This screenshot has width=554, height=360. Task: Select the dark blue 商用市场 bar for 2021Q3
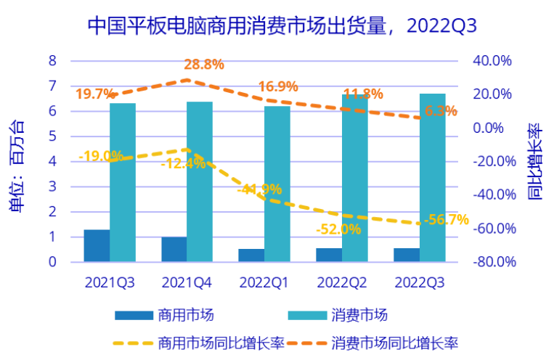(97, 245)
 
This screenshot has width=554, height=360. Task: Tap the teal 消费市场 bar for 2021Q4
(200, 181)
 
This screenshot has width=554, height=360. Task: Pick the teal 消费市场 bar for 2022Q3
(432, 178)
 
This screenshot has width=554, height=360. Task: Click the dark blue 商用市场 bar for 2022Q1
(251, 255)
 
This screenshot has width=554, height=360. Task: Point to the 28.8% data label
(203, 65)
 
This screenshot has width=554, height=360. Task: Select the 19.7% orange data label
(95, 94)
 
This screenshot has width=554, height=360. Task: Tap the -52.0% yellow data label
(338, 229)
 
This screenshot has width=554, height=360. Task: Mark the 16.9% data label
(278, 87)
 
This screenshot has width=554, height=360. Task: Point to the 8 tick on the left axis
(52, 60)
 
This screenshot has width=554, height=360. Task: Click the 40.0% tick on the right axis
(493, 60)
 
